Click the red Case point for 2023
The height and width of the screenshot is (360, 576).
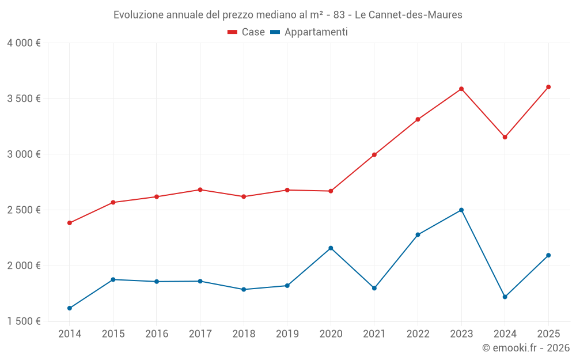point(461,89)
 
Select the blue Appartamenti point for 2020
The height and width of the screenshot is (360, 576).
point(331,248)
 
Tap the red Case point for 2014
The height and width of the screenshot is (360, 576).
point(70,223)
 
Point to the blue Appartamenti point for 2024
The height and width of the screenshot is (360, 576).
point(505,297)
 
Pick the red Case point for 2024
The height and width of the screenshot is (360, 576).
point(505,137)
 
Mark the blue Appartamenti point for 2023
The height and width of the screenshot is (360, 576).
point(461,210)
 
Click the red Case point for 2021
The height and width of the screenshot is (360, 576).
point(374,155)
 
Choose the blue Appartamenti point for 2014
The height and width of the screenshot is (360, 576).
point(70,308)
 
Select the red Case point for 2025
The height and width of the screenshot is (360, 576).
point(548,87)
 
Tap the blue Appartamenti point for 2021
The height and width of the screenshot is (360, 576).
point(374,288)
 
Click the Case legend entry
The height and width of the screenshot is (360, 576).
point(247,32)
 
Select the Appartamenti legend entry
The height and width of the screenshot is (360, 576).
point(309,32)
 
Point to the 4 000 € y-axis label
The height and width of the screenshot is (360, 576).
point(24,43)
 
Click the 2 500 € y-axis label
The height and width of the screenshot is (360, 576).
point(24,210)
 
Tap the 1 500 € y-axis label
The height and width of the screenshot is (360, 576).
point(24,321)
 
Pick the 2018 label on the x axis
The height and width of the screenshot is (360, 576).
point(244,334)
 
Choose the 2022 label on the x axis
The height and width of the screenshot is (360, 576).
point(418,334)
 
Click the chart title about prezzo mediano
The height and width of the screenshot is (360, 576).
point(288,15)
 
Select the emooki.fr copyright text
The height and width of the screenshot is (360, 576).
point(525,348)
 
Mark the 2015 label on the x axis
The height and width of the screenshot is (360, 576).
point(113,334)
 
